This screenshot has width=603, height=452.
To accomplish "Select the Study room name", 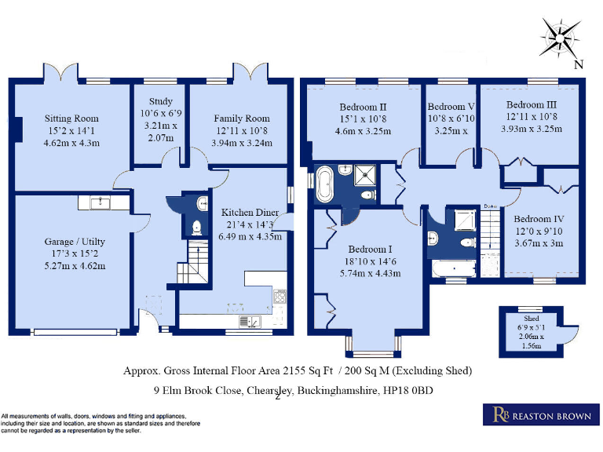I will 160,101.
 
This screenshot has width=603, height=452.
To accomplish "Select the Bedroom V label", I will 451,106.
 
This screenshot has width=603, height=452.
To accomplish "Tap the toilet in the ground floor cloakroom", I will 196,228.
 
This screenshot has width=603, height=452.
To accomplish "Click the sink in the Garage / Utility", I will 99,203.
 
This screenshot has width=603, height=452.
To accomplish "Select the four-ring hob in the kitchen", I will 280,297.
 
